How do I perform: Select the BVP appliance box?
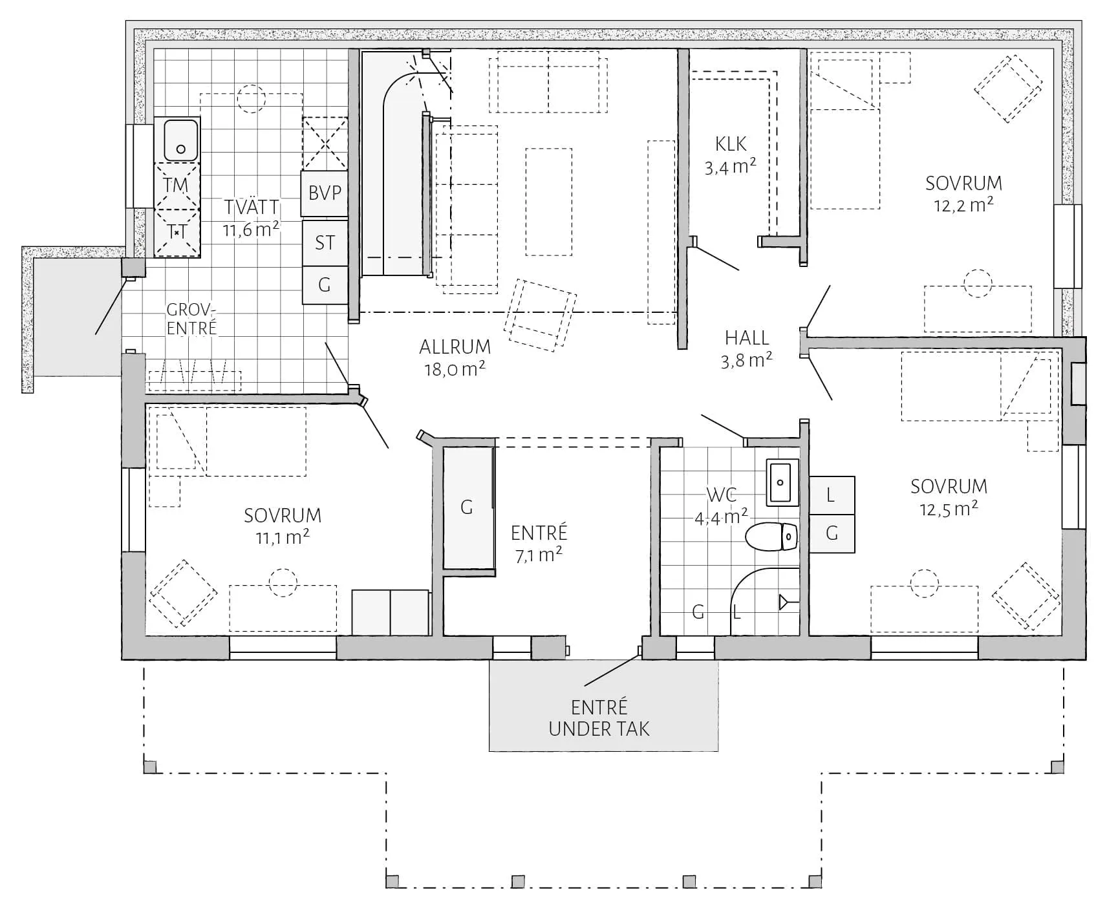coord(325,193)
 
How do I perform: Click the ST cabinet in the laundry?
coord(325,242)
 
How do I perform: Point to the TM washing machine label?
coord(177,186)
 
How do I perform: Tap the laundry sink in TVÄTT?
coord(180,140)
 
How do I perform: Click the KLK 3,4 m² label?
coord(731,155)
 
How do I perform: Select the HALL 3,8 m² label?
coord(747,348)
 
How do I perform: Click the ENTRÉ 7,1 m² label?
coord(539,544)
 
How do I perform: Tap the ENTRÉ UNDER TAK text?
coord(599,718)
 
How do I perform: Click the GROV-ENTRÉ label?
coord(191,319)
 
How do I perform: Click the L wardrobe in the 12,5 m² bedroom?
coord(832,495)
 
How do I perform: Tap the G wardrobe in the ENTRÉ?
coord(468,508)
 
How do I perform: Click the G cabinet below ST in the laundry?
coord(325,285)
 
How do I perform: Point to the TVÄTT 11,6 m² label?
coord(251,219)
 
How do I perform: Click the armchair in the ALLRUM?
coord(540,315)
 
